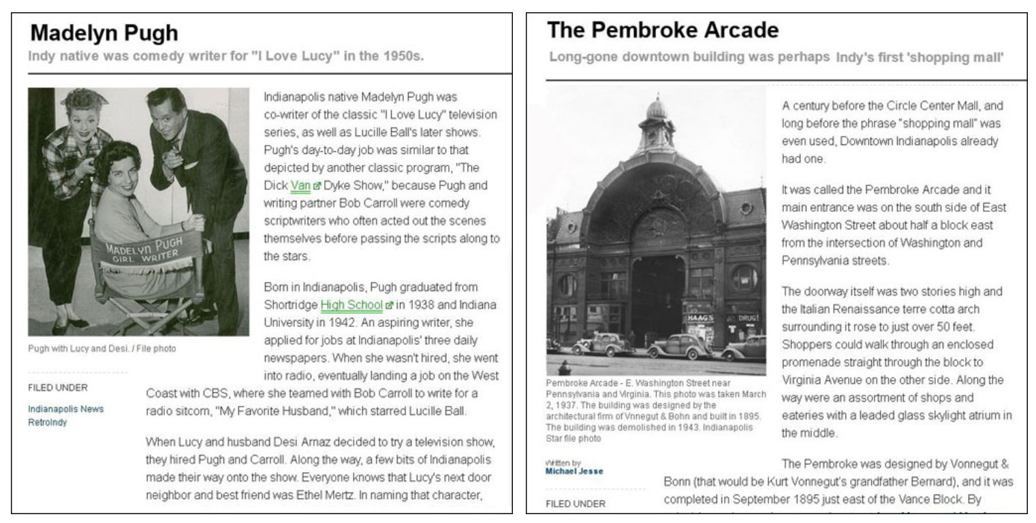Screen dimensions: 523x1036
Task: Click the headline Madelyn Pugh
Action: point(104,33)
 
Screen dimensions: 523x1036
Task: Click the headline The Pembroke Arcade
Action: point(662,30)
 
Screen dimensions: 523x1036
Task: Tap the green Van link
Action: point(300,185)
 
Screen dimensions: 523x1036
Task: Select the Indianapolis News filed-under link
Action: point(66,409)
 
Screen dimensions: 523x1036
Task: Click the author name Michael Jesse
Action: point(574,471)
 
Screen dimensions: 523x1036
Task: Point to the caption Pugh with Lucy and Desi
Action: point(102,349)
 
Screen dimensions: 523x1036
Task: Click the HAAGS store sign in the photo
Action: point(700,317)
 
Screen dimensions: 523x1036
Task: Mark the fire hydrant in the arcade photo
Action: point(564,368)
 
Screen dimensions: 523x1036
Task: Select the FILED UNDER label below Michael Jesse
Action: point(576,504)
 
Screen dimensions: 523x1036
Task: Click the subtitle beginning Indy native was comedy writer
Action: point(225,56)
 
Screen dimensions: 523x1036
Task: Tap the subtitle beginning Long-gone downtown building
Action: point(776,57)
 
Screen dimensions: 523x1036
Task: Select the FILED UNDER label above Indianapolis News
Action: point(58,387)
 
